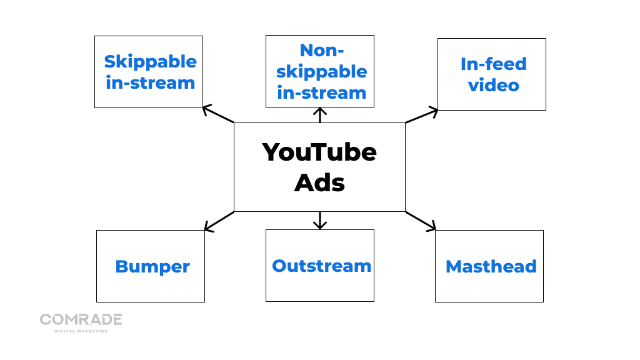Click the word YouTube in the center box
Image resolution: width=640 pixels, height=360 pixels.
coord(319,152)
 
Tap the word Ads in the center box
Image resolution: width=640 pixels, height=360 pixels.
coord(319,182)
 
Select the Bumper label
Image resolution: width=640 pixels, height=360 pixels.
coord(152,267)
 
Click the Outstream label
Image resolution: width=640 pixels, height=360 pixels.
coord(321,266)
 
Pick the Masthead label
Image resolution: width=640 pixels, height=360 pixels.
coord(491,267)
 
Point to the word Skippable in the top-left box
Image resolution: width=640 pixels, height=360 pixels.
coord(150,61)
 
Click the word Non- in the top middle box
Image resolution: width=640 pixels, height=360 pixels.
coord(322,50)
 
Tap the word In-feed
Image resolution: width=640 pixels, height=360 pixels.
coord(493,64)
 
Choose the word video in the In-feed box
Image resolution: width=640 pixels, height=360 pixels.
coord(493,85)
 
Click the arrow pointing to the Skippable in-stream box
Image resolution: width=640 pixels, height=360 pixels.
coord(217,114)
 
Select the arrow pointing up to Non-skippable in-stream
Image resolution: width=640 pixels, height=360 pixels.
coord(320,115)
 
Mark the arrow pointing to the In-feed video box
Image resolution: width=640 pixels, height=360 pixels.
coord(422,116)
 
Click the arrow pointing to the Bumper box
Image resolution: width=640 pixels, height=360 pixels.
coord(218,221)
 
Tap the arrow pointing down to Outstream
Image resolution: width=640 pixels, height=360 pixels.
coord(320,220)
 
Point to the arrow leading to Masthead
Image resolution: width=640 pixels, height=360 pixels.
coord(421,221)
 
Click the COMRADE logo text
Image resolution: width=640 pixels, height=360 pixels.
coord(81,320)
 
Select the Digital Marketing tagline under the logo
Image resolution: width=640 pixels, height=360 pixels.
coord(81,331)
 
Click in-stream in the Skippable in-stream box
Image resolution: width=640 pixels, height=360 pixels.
coord(150,82)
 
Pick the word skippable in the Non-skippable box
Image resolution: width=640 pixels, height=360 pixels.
coord(321,71)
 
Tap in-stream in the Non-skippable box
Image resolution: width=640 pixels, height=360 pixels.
coord(321,92)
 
